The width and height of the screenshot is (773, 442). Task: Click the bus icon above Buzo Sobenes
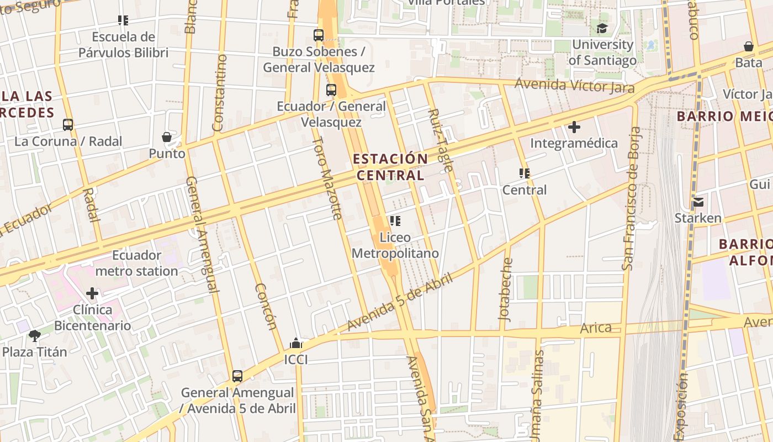pyautogui.click(x=319, y=35)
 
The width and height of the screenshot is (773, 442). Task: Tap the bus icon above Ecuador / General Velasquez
pyautogui.click(x=331, y=90)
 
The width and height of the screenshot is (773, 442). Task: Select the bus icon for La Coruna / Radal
pyautogui.click(x=68, y=125)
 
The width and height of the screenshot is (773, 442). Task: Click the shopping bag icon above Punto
pyautogui.click(x=167, y=137)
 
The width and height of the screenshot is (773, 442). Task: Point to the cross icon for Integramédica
pyautogui.click(x=574, y=127)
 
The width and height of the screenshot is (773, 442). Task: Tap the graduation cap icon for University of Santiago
pyautogui.click(x=602, y=28)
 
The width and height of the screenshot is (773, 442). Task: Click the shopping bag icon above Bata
pyautogui.click(x=749, y=46)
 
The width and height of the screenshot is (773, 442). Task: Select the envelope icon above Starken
pyautogui.click(x=698, y=202)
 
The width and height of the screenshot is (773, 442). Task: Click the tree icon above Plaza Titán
pyautogui.click(x=35, y=335)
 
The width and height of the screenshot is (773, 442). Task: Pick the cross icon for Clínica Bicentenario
pyautogui.click(x=92, y=293)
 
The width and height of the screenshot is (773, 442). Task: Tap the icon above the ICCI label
pyautogui.click(x=296, y=344)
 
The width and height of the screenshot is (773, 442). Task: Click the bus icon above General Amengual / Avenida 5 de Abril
pyautogui.click(x=237, y=376)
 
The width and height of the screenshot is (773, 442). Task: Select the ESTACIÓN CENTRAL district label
pyautogui.click(x=390, y=167)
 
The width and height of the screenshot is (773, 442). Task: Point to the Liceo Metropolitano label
pyautogui.click(x=395, y=246)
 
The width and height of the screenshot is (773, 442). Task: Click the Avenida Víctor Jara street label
pyautogui.click(x=574, y=86)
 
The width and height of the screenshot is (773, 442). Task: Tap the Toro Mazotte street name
pyautogui.click(x=328, y=178)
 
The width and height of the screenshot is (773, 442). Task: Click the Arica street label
pyautogui.click(x=596, y=328)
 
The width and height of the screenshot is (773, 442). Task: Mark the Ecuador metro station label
pyautogui.click(x=136, y=263)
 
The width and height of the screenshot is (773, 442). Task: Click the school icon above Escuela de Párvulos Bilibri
pyautogui.click(x=123, y=20)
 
